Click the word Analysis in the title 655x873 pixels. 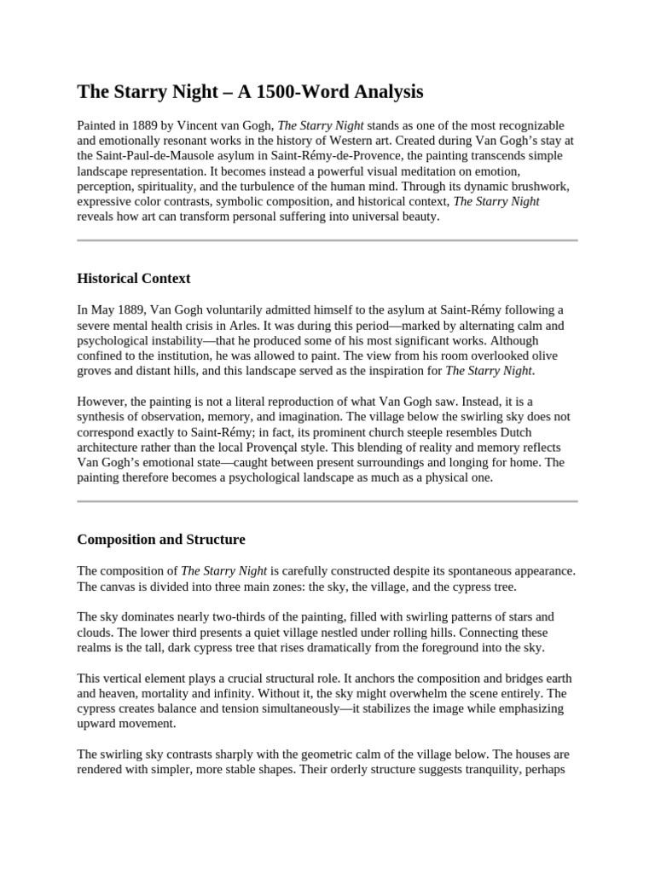coord(383,91)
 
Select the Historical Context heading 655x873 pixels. coord(134,278)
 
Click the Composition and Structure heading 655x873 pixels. coord(161,539)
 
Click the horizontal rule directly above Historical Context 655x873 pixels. coord(327,240)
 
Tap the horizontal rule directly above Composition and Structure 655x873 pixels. coord(327,501)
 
